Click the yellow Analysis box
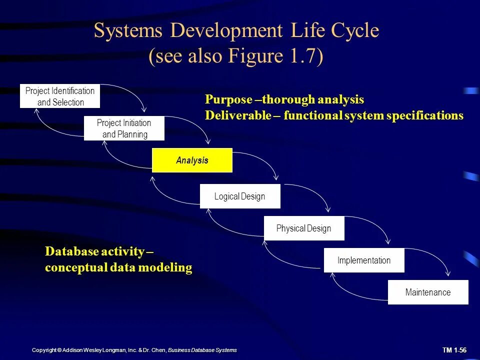(192, 160)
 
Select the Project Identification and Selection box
(60, 96)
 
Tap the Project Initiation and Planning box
(124, 128)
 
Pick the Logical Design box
(240, 196)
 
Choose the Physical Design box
(304, 228)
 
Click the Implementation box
(364, 260)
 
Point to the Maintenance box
(428, 292)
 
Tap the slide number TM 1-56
(454, 350)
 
